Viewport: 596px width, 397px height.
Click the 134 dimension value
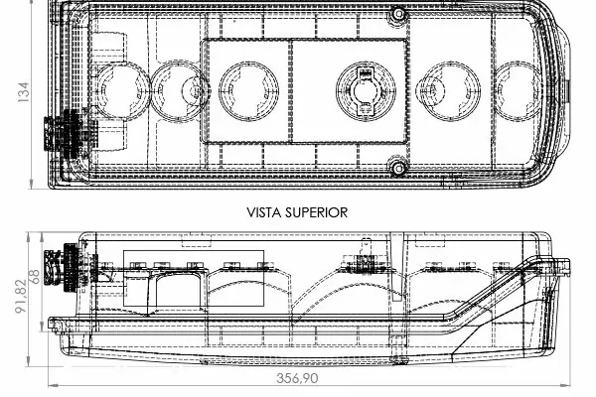coord(23,91)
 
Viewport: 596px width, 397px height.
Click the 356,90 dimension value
coord(297,379)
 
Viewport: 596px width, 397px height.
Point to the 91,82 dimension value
coord(21,297)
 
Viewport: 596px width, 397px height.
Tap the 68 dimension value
coord(34,277)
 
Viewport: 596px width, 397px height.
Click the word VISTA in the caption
coord(264,212)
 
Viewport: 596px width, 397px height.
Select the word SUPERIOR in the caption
coord(317,212)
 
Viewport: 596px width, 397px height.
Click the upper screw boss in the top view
coord(398,14)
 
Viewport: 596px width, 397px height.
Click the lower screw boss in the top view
coord(398,168)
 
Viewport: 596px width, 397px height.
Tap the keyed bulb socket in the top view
coord(366,91)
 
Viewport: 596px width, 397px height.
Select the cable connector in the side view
coord(71,268)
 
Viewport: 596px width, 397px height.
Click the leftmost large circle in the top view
coord(121,91)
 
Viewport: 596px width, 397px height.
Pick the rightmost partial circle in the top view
coord(520,91)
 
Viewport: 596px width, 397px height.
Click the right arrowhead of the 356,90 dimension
coord(565,386)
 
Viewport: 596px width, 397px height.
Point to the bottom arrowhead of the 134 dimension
coord(31,184)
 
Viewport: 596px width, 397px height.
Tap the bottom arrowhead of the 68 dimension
coord(42,327)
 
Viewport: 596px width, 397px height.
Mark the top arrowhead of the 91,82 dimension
coord(29,237)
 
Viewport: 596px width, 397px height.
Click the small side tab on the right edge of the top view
coord(568,91)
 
